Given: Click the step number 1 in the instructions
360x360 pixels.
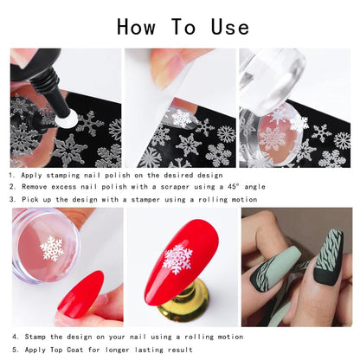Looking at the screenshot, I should coord(13,174).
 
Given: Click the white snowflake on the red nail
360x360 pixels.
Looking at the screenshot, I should coord(178,259).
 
